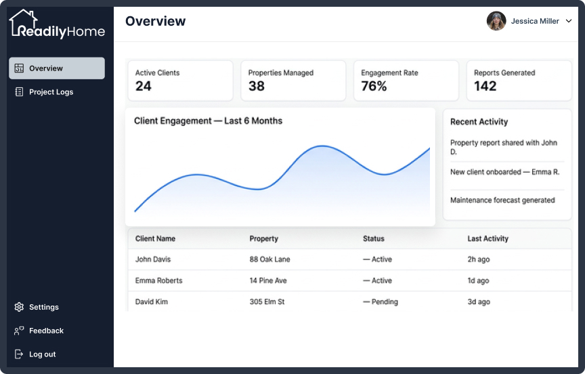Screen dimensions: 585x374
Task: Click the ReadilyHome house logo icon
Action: click(x=23, y=22)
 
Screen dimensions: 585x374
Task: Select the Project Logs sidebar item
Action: click(x=51, y=92)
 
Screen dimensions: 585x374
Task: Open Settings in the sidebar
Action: click(x=43, y=307)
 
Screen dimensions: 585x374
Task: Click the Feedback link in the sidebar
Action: click(x=46, y=331)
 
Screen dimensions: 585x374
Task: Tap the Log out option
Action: click(x=42, y=354)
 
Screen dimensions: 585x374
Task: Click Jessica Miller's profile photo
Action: click(x=496, y=21)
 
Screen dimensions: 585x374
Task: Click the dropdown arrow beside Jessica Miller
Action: click(x=569, y=21)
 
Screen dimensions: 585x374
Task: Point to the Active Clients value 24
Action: click(x=144, y=86)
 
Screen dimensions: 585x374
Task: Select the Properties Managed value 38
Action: click(x=257, y=86)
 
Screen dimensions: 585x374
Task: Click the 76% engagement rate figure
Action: click(x=374, y=86)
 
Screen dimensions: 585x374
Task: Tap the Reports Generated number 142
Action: click(x=485, y=86)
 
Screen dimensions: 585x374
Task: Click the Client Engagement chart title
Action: click(x=208, y=121)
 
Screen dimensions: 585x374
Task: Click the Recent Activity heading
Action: click(x=479, y=122)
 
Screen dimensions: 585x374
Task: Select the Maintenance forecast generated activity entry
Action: click(x=502, y=200)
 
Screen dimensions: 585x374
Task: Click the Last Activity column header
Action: click(x=488, y=238)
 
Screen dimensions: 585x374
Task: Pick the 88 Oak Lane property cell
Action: click(x=269, y=259)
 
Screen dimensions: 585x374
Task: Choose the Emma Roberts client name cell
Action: click(x=159, y=280)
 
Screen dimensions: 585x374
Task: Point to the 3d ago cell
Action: click(x=479, y=302)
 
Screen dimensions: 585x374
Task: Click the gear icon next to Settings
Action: click(x=19, y=307)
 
